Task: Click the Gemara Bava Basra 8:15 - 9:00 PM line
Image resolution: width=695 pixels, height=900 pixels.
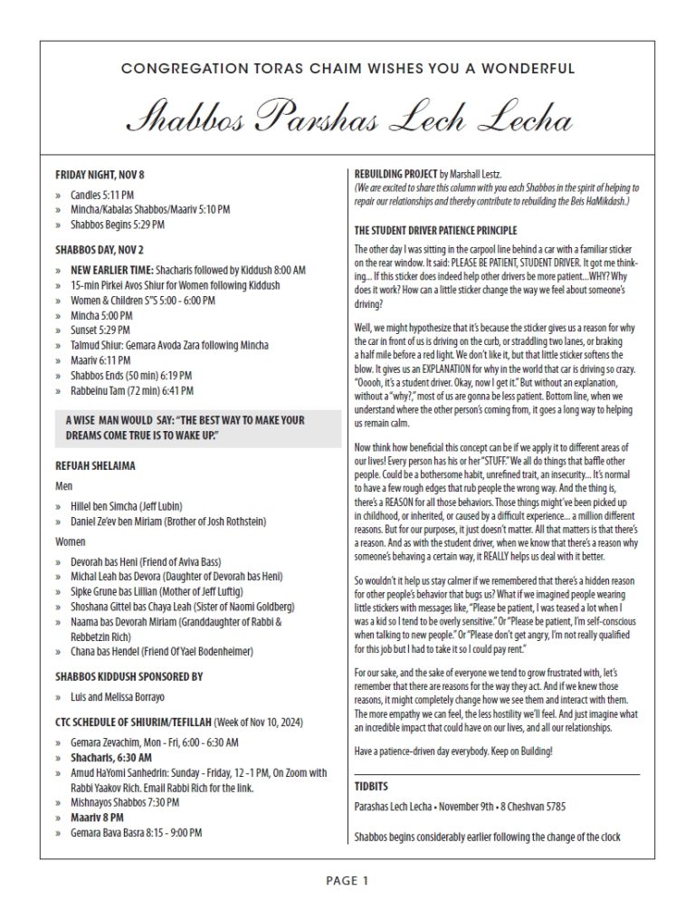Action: (136, 831)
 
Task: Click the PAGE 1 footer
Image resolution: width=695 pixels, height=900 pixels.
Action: (347, 879)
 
